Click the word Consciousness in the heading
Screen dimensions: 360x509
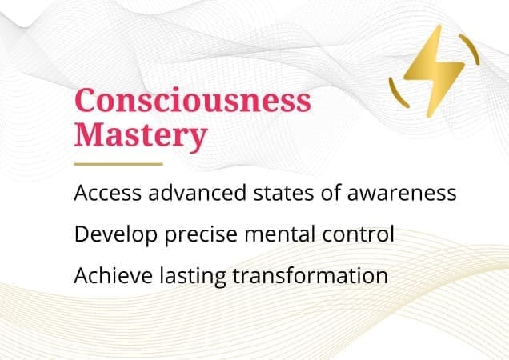click(x=193, y=102)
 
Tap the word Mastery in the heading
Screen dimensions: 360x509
click(x=140, y=135)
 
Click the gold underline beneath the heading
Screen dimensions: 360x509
click(x=118, y=164)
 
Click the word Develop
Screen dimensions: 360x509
click(x=111, y=235)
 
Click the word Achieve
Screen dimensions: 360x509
click(x=107, y=276)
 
